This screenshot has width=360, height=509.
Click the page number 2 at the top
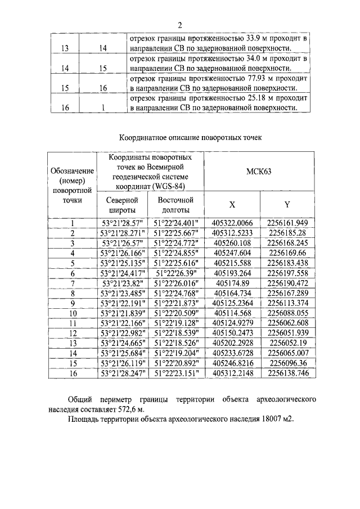(181, 25)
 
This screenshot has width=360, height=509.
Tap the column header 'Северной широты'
(122, 205)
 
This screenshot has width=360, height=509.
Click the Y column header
(287, 205)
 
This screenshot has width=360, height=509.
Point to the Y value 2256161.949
(288, 223)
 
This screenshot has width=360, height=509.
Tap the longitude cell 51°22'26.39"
(175, 273)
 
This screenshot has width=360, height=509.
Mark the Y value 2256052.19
(288, 343)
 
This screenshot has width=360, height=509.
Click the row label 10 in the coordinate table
(73, 313)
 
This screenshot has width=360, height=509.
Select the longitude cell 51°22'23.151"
(175, 372)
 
